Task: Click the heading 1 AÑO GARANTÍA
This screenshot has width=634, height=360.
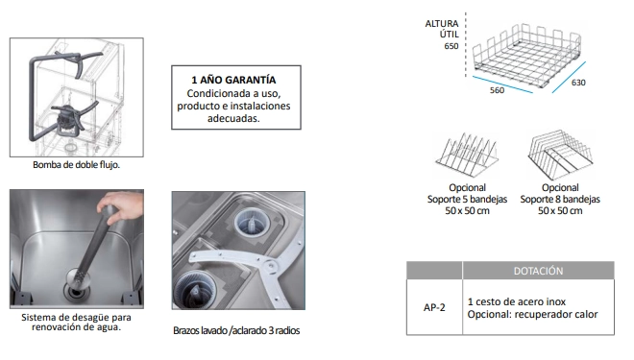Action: pos(233,80)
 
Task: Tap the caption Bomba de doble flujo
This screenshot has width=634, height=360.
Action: pos(77,165)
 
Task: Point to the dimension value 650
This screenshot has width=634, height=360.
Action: pos(451,46)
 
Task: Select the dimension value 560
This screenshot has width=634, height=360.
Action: pos(497,90)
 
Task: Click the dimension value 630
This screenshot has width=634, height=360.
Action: pos(578,83)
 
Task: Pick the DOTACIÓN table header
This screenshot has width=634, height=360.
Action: pos(538,271)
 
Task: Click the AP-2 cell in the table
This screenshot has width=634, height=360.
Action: pos(434,307)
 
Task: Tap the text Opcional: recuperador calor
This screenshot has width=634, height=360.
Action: pos(532,314)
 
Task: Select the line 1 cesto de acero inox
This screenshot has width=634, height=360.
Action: pos(517,301)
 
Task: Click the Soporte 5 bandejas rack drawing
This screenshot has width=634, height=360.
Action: pos(466,156)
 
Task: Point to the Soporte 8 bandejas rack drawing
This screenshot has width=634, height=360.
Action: pos(560,155)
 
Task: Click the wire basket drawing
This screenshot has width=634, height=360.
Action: pos(527,56)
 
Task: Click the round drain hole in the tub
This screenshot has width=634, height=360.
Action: pos(75,290)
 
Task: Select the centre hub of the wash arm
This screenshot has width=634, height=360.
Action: pos(269,267)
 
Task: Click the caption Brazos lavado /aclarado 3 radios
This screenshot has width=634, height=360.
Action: pos(236,330)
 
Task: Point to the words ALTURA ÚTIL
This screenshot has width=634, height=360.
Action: pos(442,29)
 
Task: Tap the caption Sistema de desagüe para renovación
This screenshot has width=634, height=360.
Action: pos(76,322)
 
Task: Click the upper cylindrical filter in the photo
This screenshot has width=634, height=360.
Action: pos(252,222)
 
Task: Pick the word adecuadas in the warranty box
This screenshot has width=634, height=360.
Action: pos(233,118)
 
